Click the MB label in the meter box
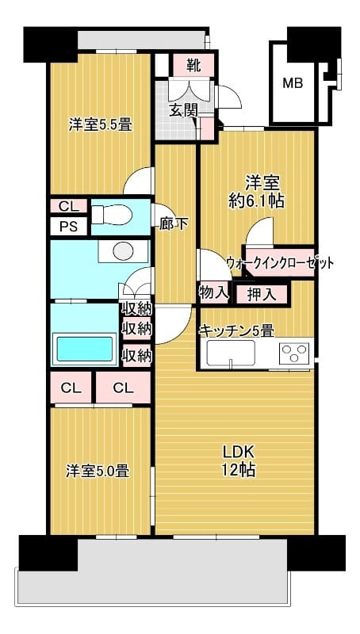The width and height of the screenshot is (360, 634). [293, 82]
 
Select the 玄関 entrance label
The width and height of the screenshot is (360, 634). [183, 110]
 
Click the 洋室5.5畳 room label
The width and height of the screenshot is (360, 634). [99, 124]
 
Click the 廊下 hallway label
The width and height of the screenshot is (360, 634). [174, 223]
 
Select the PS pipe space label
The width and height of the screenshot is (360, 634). [68, 226]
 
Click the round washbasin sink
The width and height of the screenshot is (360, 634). [123, 251]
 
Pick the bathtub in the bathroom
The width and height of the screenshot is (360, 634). [84, 349]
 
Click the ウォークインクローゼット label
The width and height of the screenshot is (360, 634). [279, 263]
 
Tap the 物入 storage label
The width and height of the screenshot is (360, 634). [213, 293]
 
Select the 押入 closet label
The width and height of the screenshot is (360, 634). [261, 295]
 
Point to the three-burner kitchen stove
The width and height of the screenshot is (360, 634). [294, 353]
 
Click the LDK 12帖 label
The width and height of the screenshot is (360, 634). [238, 460]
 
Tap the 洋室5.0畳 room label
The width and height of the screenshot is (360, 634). [97, 471]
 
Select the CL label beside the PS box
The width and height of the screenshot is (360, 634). [68, 206]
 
